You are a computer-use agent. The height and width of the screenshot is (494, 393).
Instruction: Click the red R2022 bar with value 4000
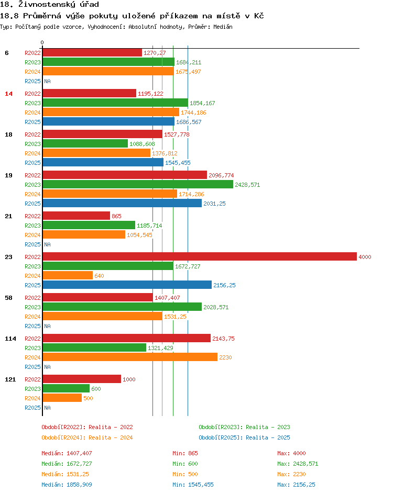click(199, 256)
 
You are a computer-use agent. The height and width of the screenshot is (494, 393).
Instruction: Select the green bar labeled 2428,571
click(137, 184)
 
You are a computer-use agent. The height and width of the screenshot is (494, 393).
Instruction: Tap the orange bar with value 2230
click(129, 357)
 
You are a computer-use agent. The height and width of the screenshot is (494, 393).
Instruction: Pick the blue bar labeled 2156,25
click(127, 285)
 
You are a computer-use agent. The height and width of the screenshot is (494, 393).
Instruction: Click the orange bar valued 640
click(67, 275)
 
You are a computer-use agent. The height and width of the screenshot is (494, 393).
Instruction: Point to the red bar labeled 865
click(76, 216)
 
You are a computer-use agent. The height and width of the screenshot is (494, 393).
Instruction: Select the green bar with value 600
click(66, 388)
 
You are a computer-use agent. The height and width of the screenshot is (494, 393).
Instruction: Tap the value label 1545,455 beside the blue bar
click(178, 163)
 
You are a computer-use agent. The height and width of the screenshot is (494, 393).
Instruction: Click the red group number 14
click(8, 94)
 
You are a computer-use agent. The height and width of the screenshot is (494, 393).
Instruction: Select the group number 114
click(10, 339)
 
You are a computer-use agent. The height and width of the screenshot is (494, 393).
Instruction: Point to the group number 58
click(8, 298)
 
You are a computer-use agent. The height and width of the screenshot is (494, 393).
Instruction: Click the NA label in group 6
click(47, 81)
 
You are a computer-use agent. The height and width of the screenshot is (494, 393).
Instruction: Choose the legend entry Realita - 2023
click(244, 427)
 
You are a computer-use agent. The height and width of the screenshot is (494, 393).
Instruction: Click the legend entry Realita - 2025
click(244, 437)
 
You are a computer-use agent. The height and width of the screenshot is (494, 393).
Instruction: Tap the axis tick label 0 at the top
click(42, 42)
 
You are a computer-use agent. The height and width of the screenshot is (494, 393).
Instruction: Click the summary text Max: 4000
click(291, 453)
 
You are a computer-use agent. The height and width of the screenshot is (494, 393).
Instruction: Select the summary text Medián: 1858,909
click(67, 485)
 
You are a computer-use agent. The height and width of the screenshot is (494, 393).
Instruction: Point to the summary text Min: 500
click(185, 474)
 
